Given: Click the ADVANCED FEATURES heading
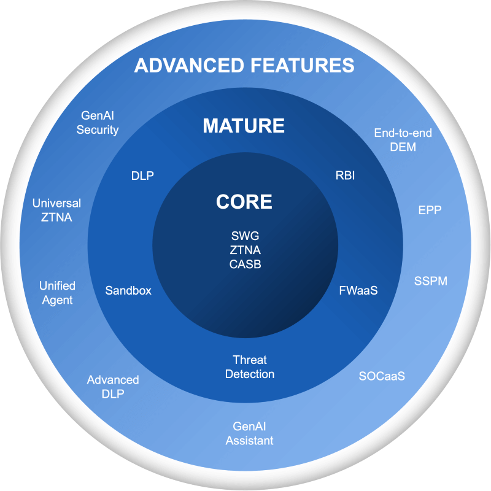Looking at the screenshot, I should (244, 65).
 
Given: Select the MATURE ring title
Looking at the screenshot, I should (244, 126).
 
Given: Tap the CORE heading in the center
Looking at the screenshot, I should (244, 201).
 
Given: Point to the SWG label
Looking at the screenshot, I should (245, 236).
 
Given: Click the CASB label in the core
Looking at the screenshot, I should (245, 264).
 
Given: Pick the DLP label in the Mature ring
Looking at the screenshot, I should (142, 176).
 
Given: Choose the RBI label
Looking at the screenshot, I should (345, 176).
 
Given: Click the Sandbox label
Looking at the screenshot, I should (128, 290).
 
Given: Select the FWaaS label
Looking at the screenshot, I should (358, 290).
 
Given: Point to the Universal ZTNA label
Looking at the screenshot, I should (56, 209).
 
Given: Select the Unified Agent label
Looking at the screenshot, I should (57, 293).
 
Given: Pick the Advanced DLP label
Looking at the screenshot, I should (113, 387).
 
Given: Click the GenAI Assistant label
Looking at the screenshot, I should (249, 433).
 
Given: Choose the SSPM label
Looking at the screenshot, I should (430, 281).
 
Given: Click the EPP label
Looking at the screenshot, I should (430, 210).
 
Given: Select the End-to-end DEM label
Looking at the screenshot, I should (403, 139).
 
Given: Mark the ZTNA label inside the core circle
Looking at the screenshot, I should (245, 250).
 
